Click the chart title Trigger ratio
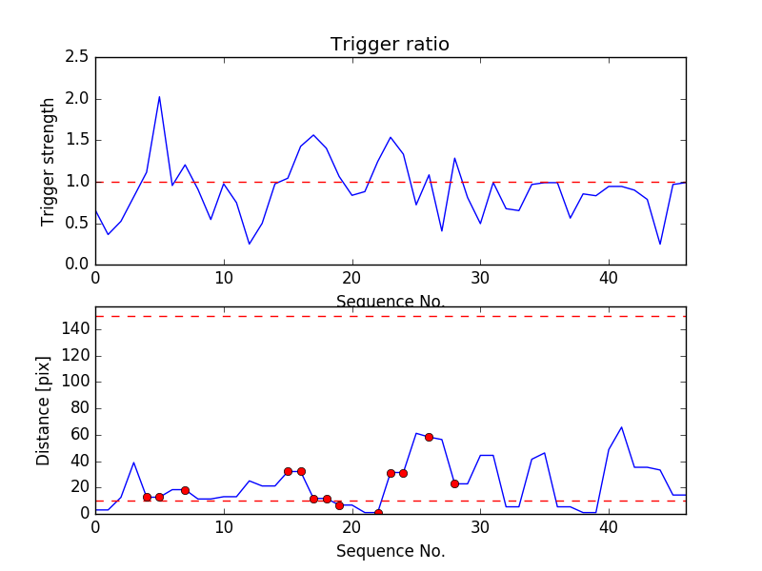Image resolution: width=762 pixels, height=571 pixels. pos(390,45)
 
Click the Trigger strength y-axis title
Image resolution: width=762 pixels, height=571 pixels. pos(49,161)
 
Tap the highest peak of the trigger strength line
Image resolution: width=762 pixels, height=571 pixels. pos(159,96)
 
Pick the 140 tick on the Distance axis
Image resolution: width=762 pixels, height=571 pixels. pos(76,329)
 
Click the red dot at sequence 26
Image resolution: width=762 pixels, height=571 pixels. pos(429,437)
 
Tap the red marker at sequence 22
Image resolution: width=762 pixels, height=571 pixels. pos(378,513)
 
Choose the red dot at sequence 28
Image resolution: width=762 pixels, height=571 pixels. pos(454,483)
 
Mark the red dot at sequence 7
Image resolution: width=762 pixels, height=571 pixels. pos(185,490)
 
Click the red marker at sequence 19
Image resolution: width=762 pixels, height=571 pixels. pos(339,505)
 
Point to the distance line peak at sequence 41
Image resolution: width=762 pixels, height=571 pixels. pos(621,427)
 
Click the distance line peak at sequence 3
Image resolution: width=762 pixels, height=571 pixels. pos(133,463)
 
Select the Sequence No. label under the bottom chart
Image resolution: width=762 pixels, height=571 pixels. pos(390,551)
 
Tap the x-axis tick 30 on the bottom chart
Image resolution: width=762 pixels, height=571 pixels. pos(480,529)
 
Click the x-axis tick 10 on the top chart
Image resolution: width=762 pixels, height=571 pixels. pos(224,280)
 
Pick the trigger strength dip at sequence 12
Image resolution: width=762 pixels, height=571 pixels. pos(250,244)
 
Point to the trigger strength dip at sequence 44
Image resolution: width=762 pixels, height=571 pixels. pos(660,244)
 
